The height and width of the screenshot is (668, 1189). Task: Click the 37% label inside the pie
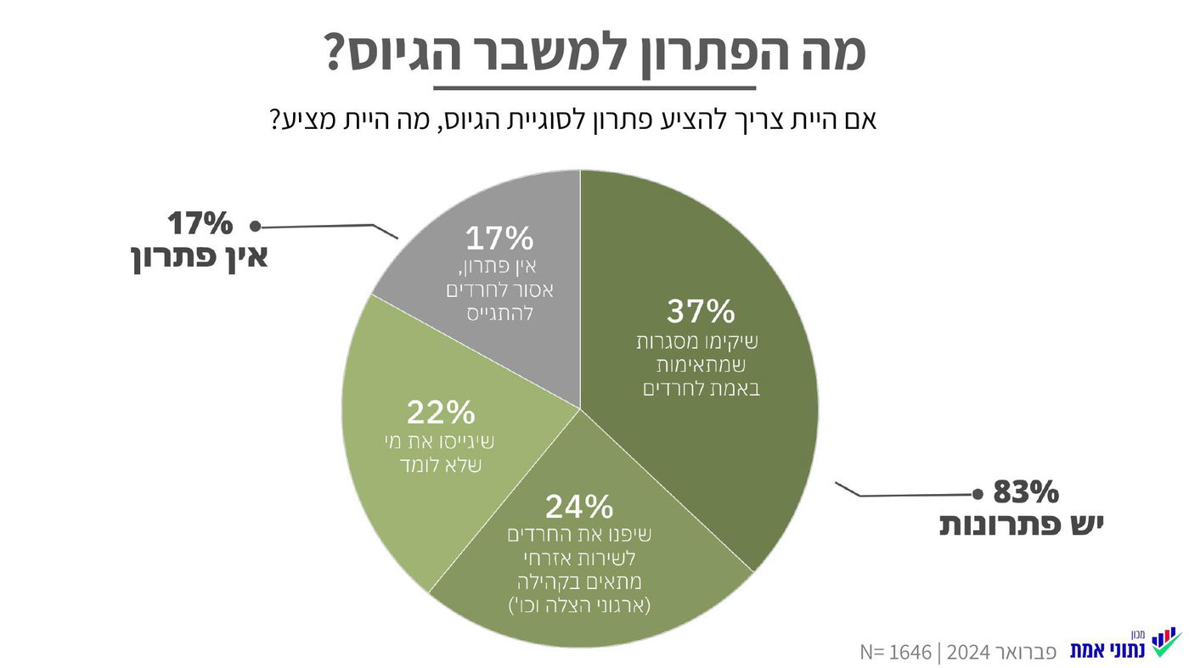point(700,312)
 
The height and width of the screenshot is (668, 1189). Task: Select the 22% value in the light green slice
point(440,413)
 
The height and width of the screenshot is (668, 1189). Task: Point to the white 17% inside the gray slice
point(499,239)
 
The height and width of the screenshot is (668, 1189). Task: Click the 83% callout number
point(1025,492)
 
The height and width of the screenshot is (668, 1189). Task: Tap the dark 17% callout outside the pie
point(200,224)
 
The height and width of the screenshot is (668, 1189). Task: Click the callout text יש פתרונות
point(1021,525)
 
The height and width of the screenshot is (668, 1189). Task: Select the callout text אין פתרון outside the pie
point(200,256)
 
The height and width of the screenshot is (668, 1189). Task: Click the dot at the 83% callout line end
point(977,493)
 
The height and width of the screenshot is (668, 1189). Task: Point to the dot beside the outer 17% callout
point(254,226)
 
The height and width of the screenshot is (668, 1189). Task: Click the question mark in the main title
point(338,53)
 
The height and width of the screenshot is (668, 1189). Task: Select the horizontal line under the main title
point(594,87)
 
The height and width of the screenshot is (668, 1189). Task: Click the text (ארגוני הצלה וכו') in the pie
point(578,606)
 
